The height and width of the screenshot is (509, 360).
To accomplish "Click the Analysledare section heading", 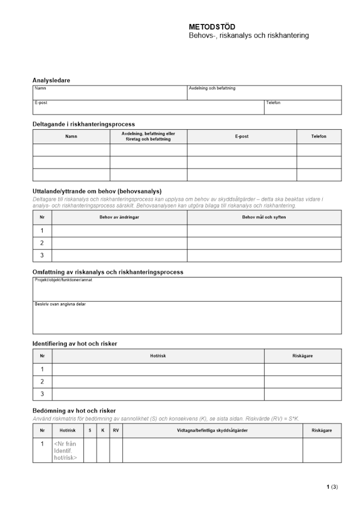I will pos(51,80).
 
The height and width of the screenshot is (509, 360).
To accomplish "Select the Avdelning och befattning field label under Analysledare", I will pos(212,89).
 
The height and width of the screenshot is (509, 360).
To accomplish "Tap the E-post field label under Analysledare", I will pos(41,103).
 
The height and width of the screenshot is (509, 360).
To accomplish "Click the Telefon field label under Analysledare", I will pos(273,103).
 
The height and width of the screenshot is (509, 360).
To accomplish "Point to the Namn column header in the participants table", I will pos(71,136).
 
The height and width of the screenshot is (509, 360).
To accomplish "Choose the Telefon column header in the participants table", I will pos(319,136).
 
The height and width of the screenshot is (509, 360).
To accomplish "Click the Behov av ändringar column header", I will pos(120,217).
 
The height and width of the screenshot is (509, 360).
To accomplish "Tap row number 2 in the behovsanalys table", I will pos(42,243).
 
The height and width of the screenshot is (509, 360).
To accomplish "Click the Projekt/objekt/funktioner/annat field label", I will pos(63,280).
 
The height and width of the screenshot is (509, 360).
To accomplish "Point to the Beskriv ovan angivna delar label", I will pos(57,304).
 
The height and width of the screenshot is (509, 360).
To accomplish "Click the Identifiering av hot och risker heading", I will pos(75,344).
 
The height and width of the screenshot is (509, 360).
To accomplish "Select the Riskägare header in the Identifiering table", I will pos(302,356).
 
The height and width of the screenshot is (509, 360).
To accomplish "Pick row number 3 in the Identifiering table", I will pos(42,394).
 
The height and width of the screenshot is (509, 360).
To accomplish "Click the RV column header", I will pos(116,431).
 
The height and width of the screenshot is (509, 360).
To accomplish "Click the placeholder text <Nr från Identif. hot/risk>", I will pos(66,450).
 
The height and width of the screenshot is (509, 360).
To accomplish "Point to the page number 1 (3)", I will pos(332,487).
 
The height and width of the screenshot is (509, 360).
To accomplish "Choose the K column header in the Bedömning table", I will pos(103,431).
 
